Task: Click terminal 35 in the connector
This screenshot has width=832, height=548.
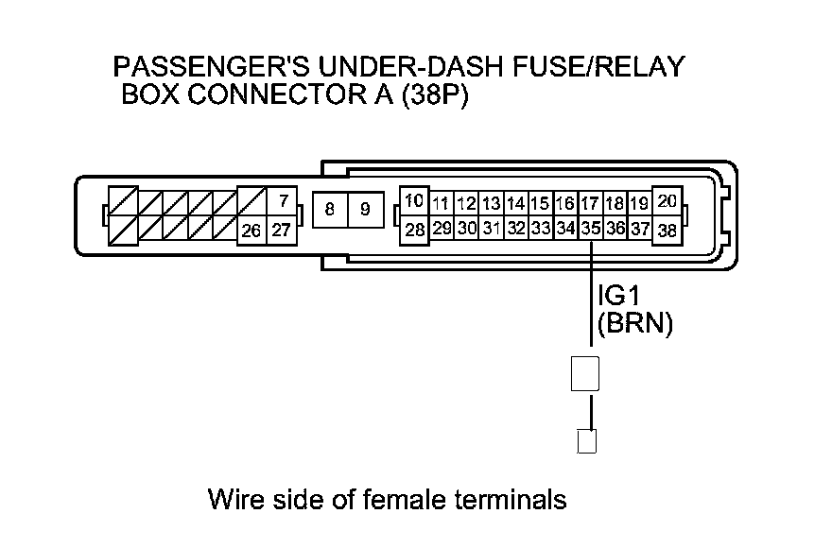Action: pyautogui.click(x=591, y=229)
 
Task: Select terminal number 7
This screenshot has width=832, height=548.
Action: pyautogui.click(x=282, y=201)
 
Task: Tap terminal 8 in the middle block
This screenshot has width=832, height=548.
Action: pyautogui.click(x=329, y=210)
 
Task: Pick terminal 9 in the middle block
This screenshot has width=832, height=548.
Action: pyautogui.click(x=365, y=210)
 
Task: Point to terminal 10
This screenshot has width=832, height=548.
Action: pyautogui.click(x=414, y=200)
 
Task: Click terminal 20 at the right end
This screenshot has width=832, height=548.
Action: pyautogui.click(x=667, y=200)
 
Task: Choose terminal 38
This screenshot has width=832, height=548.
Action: pyautogui.click(x=667, y=230)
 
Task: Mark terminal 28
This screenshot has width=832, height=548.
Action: pyautogui.click(x=414, y=230)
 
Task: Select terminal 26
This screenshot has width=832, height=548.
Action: pyautogui.click(x=251, y=230)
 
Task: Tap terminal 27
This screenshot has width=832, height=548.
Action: pyautogui.click(x=282, y=230)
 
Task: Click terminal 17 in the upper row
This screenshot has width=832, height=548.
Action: pyautogui.click(x=590, y=203)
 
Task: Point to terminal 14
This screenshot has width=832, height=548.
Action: pyautogui.click(x=515, y=203)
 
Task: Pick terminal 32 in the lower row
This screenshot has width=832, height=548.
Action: pyautogui.click(x=515, y=229)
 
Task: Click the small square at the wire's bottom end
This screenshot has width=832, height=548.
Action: pyautogui.click(x=586, y=440)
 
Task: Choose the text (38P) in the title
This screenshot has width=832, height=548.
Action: pyautogui.click(x=434, y=96)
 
